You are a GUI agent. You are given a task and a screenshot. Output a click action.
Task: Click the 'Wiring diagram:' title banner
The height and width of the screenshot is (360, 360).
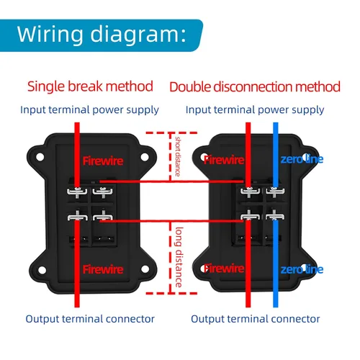pos(101,35)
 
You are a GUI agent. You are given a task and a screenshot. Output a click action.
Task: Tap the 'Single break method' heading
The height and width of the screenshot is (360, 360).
pos(90,86)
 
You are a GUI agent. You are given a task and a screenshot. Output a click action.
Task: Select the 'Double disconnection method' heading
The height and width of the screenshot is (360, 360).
pos(255,87)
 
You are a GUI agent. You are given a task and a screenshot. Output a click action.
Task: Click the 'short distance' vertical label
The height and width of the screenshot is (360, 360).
pos(178,156)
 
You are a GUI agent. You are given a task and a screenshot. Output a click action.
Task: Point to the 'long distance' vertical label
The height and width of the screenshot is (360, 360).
pos(179,257)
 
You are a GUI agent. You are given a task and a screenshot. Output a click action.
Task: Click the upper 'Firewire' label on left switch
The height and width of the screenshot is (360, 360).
pos(103,161)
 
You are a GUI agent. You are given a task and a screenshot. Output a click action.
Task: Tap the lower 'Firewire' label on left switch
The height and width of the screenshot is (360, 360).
pos(103,269)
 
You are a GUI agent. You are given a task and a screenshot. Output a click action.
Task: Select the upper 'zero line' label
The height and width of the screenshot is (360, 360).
pos(302,159)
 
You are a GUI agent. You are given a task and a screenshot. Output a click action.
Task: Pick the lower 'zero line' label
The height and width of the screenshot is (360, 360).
pos(302,269)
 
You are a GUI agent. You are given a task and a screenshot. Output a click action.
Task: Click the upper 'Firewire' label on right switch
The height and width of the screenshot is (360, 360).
pos(224,160)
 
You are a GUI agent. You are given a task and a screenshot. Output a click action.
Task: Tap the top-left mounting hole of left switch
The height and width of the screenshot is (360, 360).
pos(40,157)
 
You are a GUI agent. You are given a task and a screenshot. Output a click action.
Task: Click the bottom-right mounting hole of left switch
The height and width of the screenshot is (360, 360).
pos(145,269)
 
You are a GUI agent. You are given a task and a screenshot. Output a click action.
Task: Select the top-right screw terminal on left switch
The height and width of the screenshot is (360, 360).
pos(102,192)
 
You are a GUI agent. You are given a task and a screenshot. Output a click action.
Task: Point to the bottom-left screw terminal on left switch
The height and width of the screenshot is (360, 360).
pos(77,216)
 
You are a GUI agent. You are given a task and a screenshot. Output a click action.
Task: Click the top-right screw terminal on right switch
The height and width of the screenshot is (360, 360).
pos(275,192)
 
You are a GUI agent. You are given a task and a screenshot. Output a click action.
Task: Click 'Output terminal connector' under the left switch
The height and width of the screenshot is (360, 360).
pos(90,319)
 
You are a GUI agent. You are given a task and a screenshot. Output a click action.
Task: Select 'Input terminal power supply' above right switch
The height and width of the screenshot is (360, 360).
pos(255,110)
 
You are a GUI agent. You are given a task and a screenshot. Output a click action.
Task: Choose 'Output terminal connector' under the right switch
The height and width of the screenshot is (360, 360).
pos(256,319)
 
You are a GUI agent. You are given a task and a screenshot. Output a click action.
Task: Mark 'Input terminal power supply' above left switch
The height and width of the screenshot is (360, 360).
pos(89,110)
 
